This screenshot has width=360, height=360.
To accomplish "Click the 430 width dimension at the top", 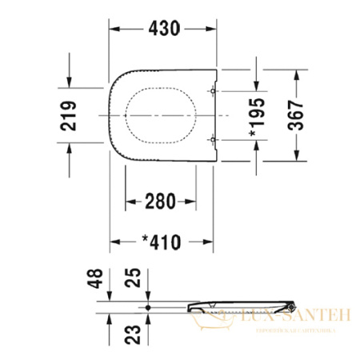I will click(164, 29).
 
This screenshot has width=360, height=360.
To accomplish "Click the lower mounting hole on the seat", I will click(212, 140).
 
